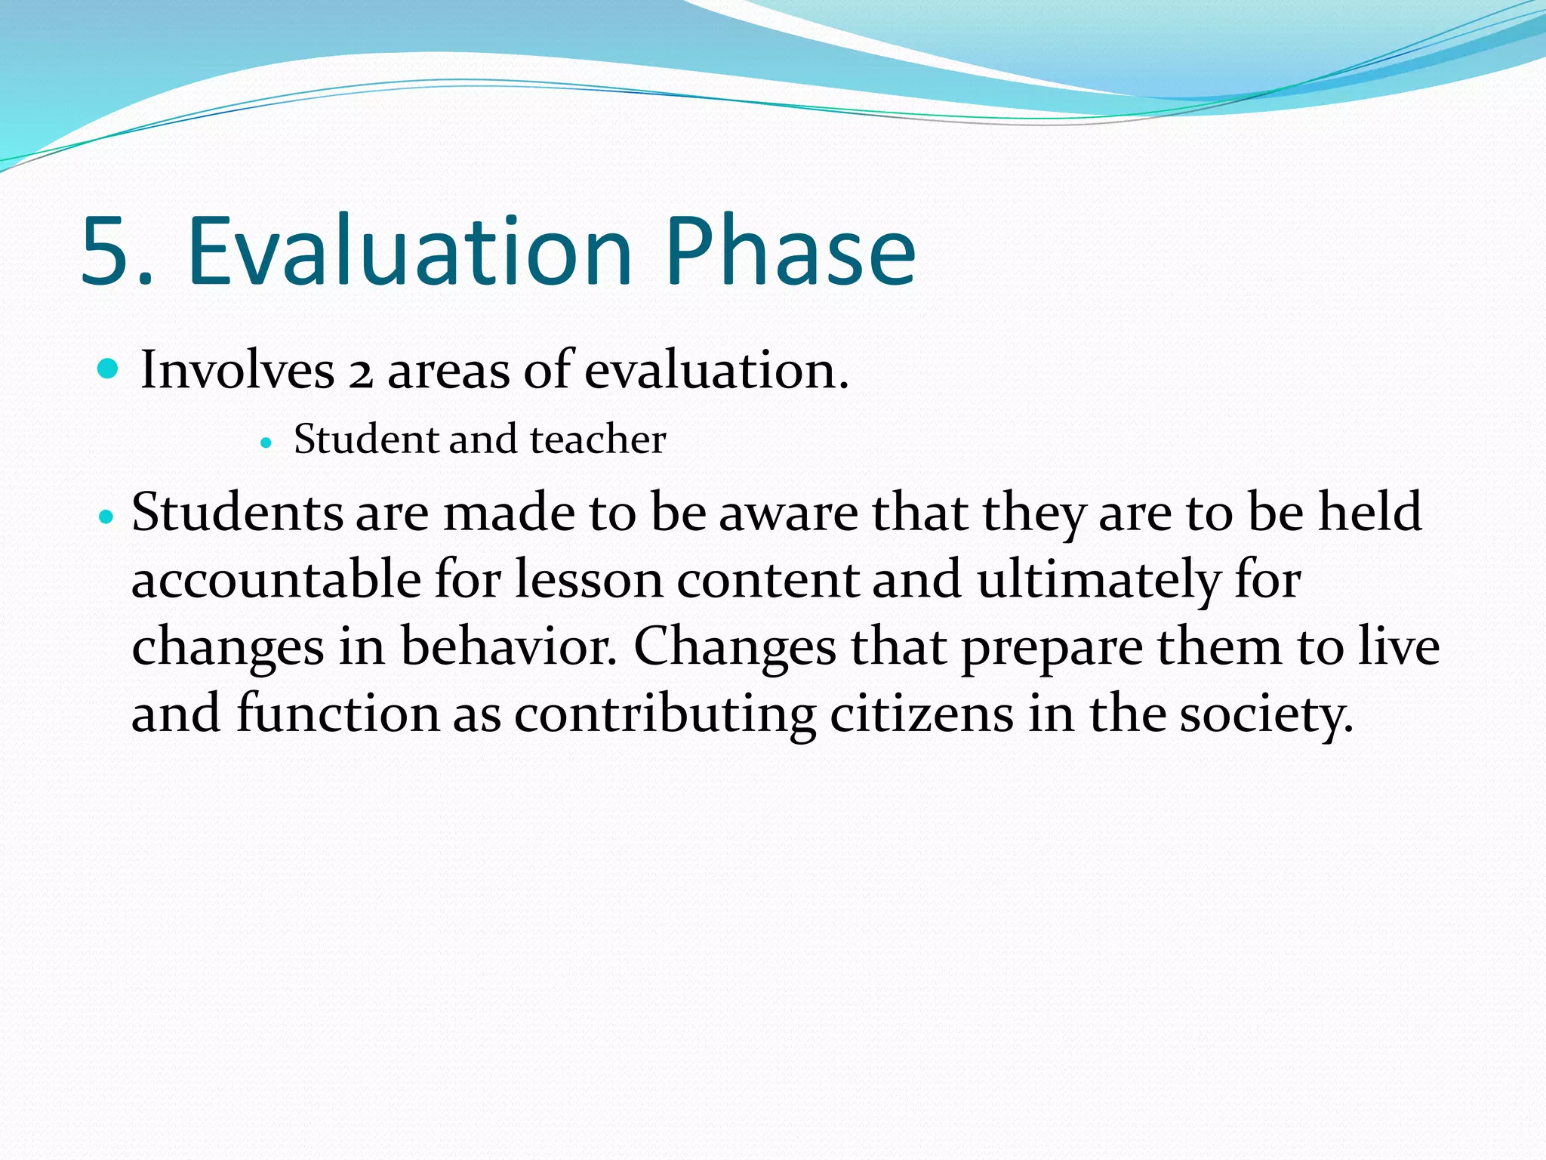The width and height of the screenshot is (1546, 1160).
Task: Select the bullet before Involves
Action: click(109, 369)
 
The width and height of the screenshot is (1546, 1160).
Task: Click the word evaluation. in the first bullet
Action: click(716, 370)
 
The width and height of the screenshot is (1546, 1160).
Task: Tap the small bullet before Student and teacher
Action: click(265, 443)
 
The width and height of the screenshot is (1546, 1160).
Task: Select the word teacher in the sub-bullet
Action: click(598, 439)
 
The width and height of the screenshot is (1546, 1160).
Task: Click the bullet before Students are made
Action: click(106, 517)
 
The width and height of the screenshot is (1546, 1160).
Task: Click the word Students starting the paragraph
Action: click(237, 513)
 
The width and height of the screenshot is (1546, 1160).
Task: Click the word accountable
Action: click(276, 580)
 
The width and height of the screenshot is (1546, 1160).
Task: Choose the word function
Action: click(337, 714)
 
